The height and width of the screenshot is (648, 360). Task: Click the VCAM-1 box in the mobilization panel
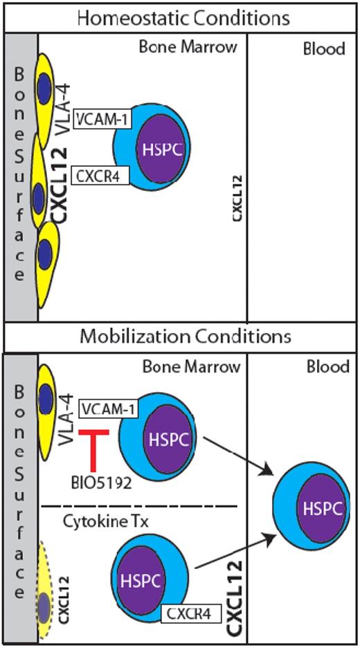[108, 409]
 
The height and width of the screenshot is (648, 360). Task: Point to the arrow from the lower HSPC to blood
[232, 554]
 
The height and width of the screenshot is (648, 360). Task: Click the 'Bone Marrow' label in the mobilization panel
[190, 366]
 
